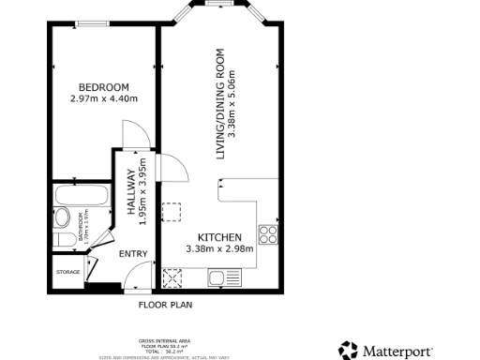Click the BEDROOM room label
pyautogui.click(x=103, y=87)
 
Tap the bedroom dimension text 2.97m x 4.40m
pyautogui.click(x=103, y=98)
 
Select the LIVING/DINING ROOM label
pyautogui.click(x=221, y=103)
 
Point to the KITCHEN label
pyautogui.click(x=220, y=237)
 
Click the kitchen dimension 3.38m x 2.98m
pyautogui.click(x=220, y=248)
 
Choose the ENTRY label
pyautogui.click(x=132, y=253)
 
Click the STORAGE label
pyautogui.click(x=68, y=273)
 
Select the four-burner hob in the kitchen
pyautogui.click(x=268, y=234)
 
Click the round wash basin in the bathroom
pyautogui.click(x=62, y=218)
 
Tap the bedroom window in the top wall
pyautogui.click(x=91, y=23)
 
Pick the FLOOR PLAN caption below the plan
pyautogui.click(x=165, y=305)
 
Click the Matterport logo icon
pyautogui.click(x=348, y=350)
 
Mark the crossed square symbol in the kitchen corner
pyautogui.click(x=172, y=277)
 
